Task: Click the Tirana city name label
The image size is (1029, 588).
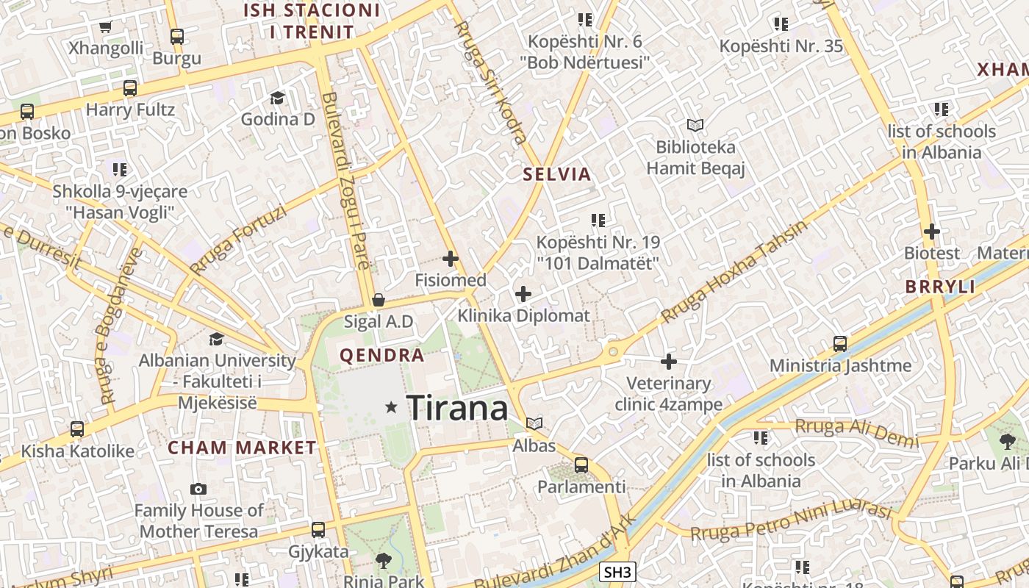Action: tap(456, 407)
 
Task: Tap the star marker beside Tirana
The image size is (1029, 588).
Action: tap(392, 406)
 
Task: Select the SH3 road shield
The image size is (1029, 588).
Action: tap(617, 572)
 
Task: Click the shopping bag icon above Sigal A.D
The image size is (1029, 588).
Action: tap(378, 300)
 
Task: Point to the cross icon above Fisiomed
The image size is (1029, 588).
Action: tap(451, 259)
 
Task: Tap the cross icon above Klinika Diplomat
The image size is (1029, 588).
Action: tap(523, 294)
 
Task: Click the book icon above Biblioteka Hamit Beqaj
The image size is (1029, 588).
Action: tap(695, 125)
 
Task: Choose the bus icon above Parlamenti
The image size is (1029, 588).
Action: tap(581, 465)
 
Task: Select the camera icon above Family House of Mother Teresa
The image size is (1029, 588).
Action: tap(198, 489)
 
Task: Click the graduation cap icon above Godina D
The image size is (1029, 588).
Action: tap(277, 98)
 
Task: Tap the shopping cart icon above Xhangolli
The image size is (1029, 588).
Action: tap(105, 27)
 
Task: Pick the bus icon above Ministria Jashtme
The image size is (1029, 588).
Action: tap(839, 343)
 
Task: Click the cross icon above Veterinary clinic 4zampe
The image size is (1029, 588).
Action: tap(668, 362)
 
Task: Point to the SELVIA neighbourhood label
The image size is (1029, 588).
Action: tap(557, 174)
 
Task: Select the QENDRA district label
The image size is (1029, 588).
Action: tap(381, 356)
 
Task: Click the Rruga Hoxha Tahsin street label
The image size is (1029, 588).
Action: tap(734, 272)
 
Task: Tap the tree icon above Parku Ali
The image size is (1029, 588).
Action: tap(1007, 441)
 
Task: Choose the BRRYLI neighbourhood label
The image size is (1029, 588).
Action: tap(941, 287)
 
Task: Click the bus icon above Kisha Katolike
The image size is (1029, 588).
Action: tap(77, 429)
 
